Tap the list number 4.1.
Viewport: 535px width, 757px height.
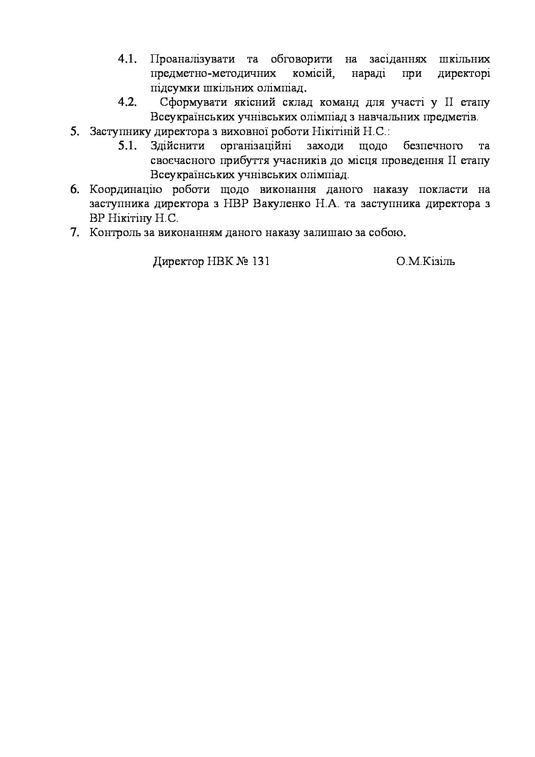pyautogui.click(x=127, y=59)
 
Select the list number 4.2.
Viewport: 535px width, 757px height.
pyautogui.click(x=127, y=103)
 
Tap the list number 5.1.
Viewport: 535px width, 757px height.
pyautogui.click(x=127, y=146)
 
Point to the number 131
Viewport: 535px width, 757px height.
pyautogui.click(x=261, y=262)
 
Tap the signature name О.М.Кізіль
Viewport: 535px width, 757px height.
pyautogui.click(x=425, y=262)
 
